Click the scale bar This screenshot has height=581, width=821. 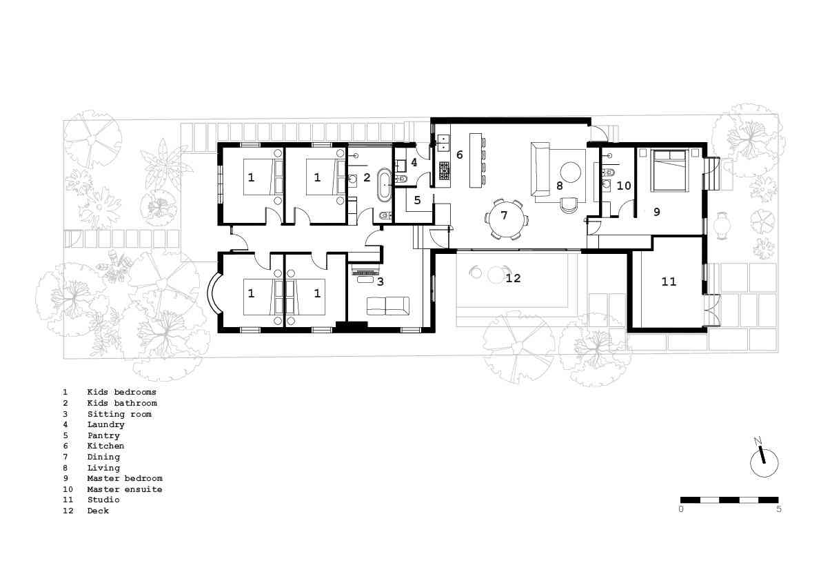(729, 500)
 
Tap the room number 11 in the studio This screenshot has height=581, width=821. (669, 282)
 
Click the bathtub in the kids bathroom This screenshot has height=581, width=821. (385, 184)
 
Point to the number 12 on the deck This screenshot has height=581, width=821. (513, 278)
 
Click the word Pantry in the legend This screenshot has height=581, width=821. (103, 435)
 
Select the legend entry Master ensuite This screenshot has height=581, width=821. (125, 489)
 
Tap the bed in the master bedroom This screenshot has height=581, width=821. (669, 171)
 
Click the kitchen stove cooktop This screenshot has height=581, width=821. (444, 171)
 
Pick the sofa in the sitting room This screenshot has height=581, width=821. (387, 306)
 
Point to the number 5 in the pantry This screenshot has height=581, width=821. (417, 200)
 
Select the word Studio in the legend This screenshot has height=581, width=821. (103, 500)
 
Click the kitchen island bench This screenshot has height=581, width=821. (476, 160)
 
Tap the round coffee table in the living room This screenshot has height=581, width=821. (571, 172)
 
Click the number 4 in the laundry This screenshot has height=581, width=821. (414, 162)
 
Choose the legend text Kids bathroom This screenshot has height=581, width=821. (122, 403)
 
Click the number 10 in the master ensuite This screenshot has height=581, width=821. (624, 186)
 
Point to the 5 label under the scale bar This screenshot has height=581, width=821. (778, 509)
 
